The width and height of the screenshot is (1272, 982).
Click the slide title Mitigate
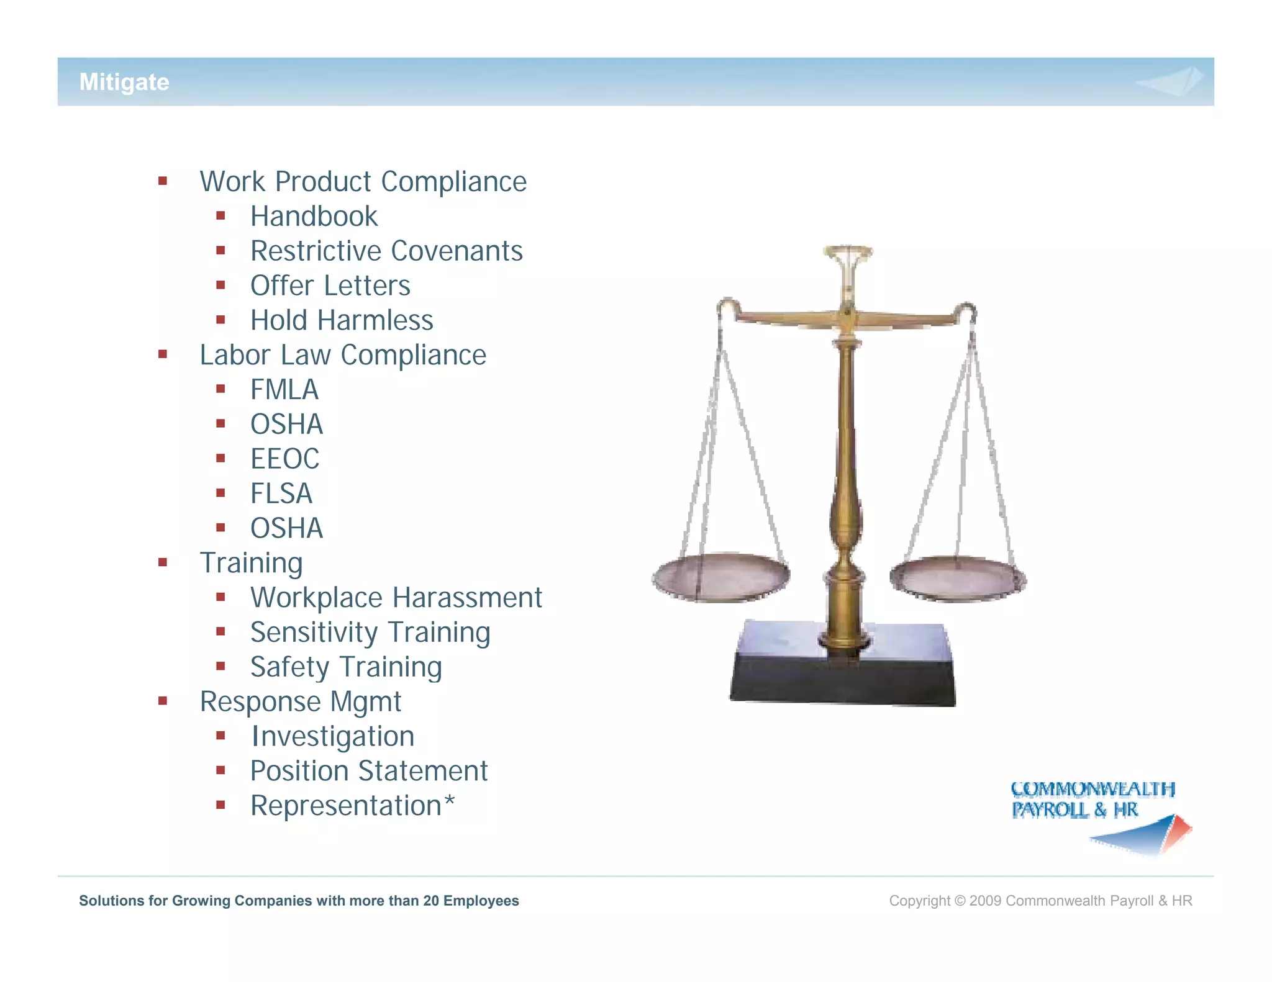click(x=124, y=82)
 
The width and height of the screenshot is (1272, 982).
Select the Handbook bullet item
click(x=314, y=217)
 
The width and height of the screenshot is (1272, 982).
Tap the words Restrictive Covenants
click(x=386, y=251)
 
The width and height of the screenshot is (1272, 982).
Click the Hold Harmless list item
click(x=342, y=321)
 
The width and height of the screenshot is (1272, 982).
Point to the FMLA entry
click(x=284, y=390)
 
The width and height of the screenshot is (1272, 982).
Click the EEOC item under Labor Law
click(x=284, y=459)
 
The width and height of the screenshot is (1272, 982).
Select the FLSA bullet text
click(x=281, y=494)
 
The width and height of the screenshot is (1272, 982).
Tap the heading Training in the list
click(x=251, y=563)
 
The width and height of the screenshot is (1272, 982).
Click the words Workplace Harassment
click(x=396, y=598)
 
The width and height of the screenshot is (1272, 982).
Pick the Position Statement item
click(x=369, y=772)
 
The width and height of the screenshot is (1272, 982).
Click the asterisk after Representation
click(x=449, y=801)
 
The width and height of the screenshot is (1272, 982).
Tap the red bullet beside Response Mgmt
click(x=163, y=701)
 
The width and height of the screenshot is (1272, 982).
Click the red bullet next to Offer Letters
click(x=220, y=286)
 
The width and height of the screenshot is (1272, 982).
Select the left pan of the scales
click(x=720, y=576)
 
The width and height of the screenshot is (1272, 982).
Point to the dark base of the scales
click(x=843, y=680)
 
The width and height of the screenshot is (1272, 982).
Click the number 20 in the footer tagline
click(x=431, y=901)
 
